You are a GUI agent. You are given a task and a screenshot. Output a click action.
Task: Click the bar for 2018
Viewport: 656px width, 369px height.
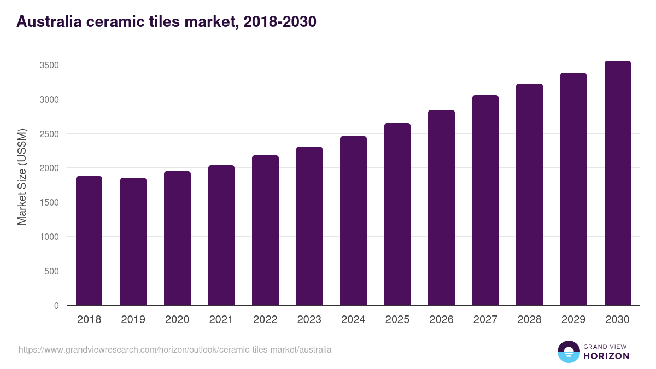click(x=89, y=241)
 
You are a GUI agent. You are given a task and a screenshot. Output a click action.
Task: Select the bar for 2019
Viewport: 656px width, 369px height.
click(x=133, y=241)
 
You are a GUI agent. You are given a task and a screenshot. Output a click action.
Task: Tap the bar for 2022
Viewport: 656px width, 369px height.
click(x=265, y=230)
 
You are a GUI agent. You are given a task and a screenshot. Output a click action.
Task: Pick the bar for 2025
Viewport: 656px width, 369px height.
click(x=397, y=214)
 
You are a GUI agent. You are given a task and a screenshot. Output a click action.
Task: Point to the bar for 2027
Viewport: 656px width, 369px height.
click(x=485, y=200)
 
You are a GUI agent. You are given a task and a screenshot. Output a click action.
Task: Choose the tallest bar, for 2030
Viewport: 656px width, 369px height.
click(x=617, y=183)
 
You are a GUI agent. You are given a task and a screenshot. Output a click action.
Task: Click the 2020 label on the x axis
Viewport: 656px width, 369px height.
click(x=177, y=320)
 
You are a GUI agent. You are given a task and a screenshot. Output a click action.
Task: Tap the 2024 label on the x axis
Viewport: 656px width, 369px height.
click(x=353, y=320)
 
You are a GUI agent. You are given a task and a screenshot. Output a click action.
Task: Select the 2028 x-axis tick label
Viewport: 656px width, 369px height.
click(x=529, y=320)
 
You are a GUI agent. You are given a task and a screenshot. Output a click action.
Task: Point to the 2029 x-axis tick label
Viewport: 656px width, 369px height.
click(x=573, y=320)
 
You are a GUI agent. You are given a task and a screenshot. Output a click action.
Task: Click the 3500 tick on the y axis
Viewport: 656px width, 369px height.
click(x=49, y=65)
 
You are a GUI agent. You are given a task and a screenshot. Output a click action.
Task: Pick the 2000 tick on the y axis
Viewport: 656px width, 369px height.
click(x=49, y=168)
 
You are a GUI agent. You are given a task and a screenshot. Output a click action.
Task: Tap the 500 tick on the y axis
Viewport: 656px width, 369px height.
click(x=51, y=271)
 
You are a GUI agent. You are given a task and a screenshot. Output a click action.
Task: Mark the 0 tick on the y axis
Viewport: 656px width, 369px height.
click(x=56, y=306)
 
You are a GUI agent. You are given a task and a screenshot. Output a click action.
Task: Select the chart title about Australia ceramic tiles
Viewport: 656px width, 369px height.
click(x=166, y=22)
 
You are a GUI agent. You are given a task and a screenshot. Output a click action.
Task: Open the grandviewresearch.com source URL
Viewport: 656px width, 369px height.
click(x=175, y=349)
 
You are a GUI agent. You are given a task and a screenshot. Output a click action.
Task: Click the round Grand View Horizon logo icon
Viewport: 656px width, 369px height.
click(x=568, y=352)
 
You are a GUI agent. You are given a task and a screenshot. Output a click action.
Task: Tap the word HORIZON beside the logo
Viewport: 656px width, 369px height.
click(x=607, y=356)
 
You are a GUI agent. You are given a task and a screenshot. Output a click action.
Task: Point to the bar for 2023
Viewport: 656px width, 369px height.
click(x=309, y=226)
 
